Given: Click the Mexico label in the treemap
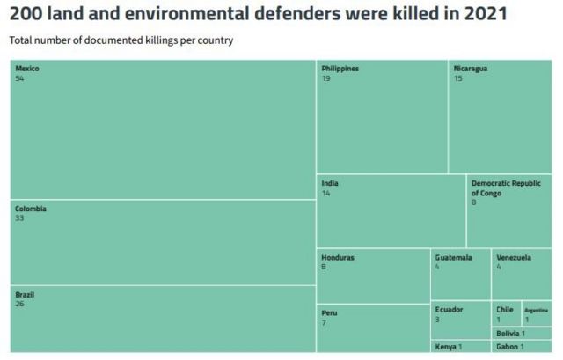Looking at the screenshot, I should point(26,69).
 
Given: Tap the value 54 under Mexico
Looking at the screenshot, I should point(19,78).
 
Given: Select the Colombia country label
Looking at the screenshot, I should point(30,209).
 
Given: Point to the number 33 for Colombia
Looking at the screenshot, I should point(19,217).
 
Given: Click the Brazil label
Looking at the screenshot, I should point(24,294).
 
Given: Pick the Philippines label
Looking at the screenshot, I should point(340,69).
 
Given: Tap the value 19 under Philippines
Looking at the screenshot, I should point(325,78).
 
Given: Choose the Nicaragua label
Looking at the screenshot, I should point(470,69).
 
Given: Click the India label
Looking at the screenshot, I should point(329,183).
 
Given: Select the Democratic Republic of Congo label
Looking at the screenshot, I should point(505,187).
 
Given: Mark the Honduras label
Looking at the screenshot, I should point(338,258).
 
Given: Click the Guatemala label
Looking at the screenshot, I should point(453,258).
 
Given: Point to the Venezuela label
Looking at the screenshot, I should point(513,258).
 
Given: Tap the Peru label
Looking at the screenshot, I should point(329,312).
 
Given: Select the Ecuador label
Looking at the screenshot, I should point(449,309).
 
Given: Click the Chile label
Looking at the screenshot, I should point(504,309).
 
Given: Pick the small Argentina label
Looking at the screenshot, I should point(536,310).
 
